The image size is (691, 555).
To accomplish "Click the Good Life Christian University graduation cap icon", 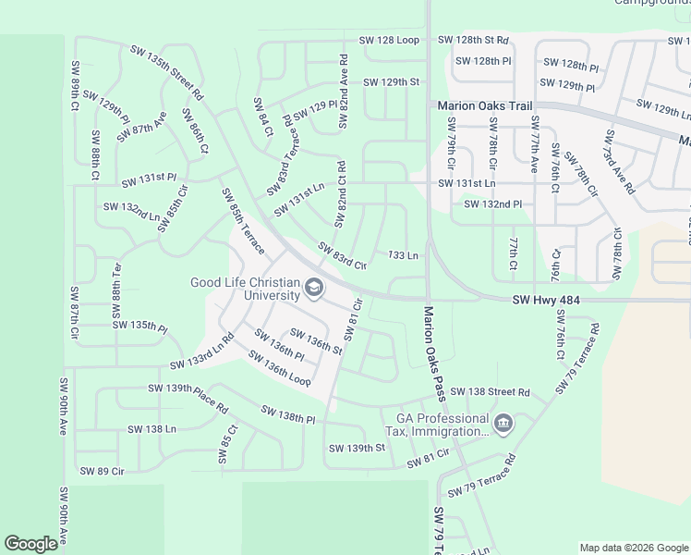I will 314,290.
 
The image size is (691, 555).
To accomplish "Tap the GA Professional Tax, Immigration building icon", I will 503,425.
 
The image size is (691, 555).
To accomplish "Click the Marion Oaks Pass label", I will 434,353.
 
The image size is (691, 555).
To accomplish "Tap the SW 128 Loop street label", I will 390,41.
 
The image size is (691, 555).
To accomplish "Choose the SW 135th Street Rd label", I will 167,72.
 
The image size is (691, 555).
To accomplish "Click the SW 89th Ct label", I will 74,88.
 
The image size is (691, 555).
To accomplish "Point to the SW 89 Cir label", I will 102,471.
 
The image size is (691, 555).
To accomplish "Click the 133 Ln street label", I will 404,254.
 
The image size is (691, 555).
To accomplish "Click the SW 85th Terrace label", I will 242,222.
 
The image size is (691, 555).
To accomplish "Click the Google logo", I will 30,544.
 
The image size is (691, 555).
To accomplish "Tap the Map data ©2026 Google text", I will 633,548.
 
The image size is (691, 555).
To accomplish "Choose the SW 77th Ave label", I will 534,146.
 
